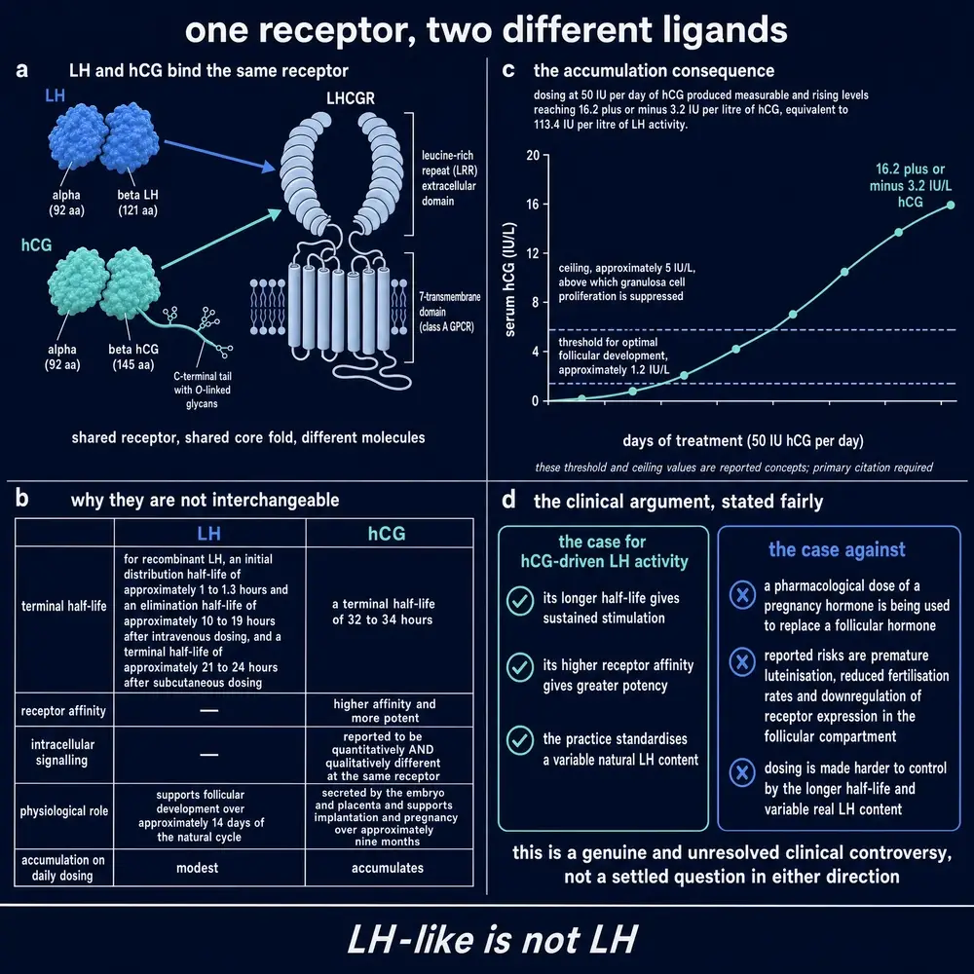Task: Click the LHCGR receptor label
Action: coord(351,98)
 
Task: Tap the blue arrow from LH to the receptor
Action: coord(220,155)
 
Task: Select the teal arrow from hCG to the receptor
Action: coord(221,240)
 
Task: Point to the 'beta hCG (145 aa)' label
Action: coord(133,357)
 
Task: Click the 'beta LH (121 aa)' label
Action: coord(138,203)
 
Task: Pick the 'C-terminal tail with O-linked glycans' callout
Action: coord(202,391)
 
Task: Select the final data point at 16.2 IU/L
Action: coord(951,205)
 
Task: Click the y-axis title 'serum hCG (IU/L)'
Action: coord(510,279)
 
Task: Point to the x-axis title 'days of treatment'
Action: coord(743,441)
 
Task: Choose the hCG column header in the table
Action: coord(387,534)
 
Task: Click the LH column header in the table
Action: coord(209,534)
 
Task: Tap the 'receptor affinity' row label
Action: coord(63,711)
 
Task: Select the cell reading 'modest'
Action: coord(197,868)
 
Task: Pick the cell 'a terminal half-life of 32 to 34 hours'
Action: coord(383,612)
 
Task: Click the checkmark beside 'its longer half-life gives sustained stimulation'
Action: coord(520,601)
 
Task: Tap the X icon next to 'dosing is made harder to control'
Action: coord(742,772)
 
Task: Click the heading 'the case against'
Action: coord(837,549)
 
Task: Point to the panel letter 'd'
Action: coord(508,500)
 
